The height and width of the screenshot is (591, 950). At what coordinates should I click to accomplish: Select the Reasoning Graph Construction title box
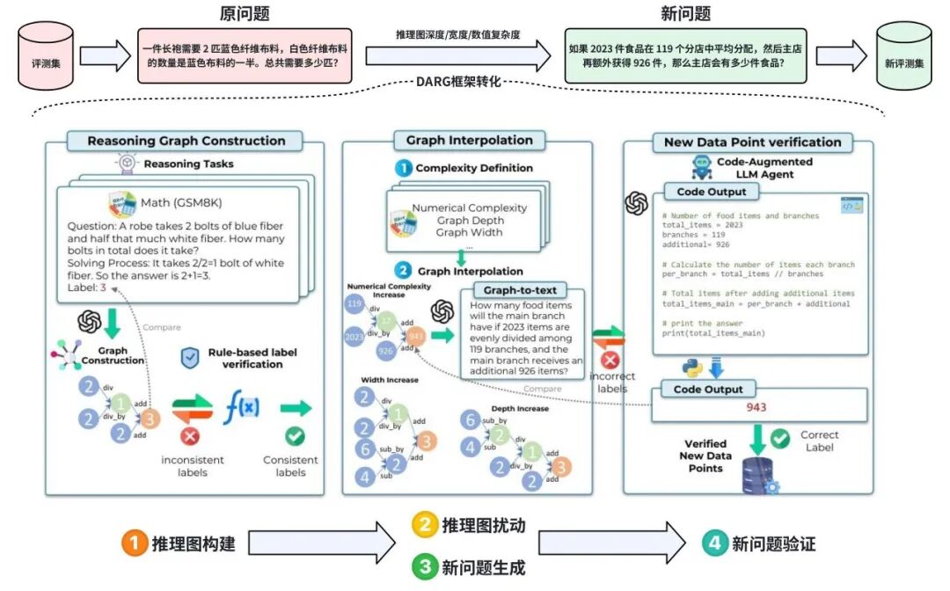(x=186, y=141)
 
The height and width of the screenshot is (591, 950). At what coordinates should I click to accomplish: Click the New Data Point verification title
(x=747, y=142)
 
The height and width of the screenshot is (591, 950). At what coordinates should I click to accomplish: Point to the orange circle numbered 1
(x=133, y=544)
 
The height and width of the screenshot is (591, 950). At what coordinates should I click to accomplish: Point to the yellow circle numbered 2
(x=425, y=525)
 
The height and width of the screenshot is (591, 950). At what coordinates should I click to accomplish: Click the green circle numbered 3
(x=425, y=567)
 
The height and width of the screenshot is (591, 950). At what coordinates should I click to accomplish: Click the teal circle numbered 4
(x=714, y=544)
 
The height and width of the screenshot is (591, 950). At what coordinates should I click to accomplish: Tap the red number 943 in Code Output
(x=756, y=407)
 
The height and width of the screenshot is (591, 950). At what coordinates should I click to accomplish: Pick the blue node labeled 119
(x=355, y=304)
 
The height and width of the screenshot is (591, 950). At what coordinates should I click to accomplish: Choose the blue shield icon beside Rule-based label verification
(x=187, y=357)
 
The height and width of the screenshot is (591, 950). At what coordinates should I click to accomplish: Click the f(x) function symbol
(x=241, y=408)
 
